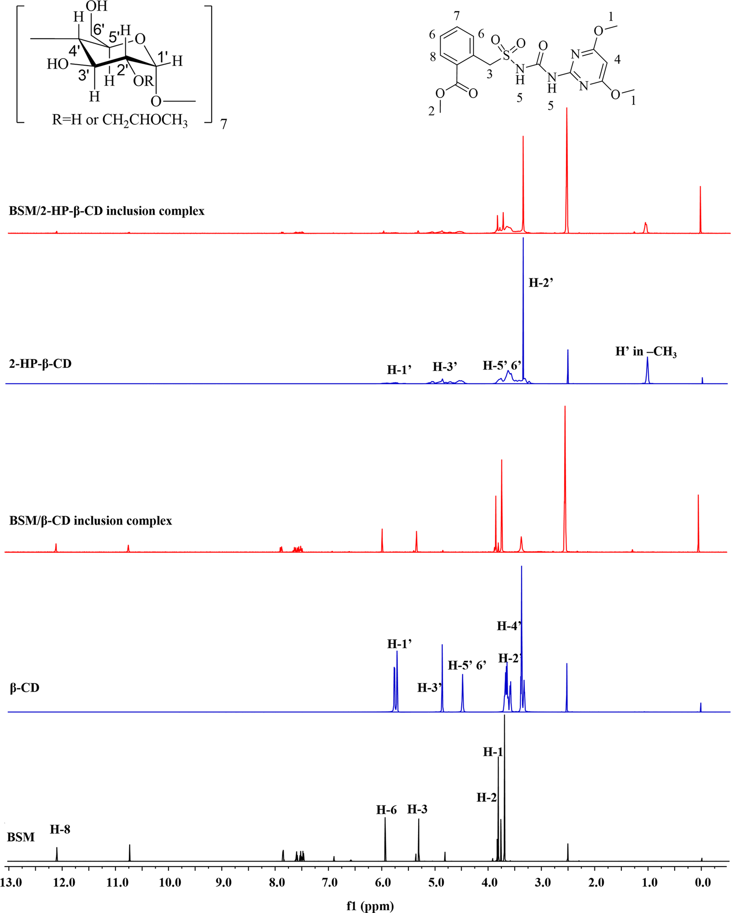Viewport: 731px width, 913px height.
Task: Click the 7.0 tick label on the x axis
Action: point(330,883)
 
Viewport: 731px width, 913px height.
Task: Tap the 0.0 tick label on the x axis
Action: point(702,883)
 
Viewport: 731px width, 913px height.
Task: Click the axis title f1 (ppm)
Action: point(370,905)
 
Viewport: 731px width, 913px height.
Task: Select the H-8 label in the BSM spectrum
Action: point(60,829)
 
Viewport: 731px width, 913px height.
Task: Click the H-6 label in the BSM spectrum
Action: point(386,810)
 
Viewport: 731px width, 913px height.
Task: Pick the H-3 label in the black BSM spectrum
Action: point(417,809)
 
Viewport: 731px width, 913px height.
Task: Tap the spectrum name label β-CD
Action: point(24,688)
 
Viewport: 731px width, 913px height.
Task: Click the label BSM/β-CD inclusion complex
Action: point(91,520)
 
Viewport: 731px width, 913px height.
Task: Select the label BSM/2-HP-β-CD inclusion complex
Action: point(107,211)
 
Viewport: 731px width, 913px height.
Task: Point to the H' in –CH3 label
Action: point(646,352)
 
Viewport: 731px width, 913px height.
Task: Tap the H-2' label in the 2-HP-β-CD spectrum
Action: point(541,283)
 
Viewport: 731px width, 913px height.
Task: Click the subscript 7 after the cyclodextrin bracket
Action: point(224,124)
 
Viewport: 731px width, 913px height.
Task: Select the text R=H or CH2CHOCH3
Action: point(119,120)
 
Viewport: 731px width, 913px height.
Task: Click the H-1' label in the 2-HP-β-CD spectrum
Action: point(399,369)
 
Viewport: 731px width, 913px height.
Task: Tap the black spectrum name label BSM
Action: point(21,837)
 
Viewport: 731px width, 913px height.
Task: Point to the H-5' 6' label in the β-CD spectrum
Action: point(467,665)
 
